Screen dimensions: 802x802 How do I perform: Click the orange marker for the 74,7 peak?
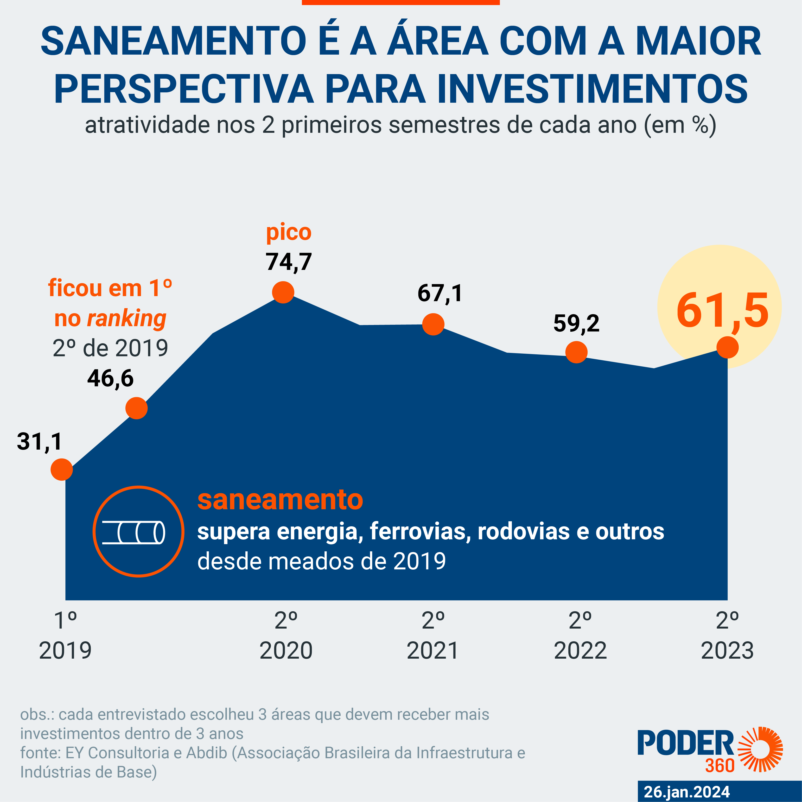point(283,292)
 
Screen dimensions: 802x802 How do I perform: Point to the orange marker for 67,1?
point(433,324)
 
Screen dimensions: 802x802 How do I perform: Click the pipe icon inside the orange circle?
point(134,532)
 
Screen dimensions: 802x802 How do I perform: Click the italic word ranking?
point(126,319)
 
